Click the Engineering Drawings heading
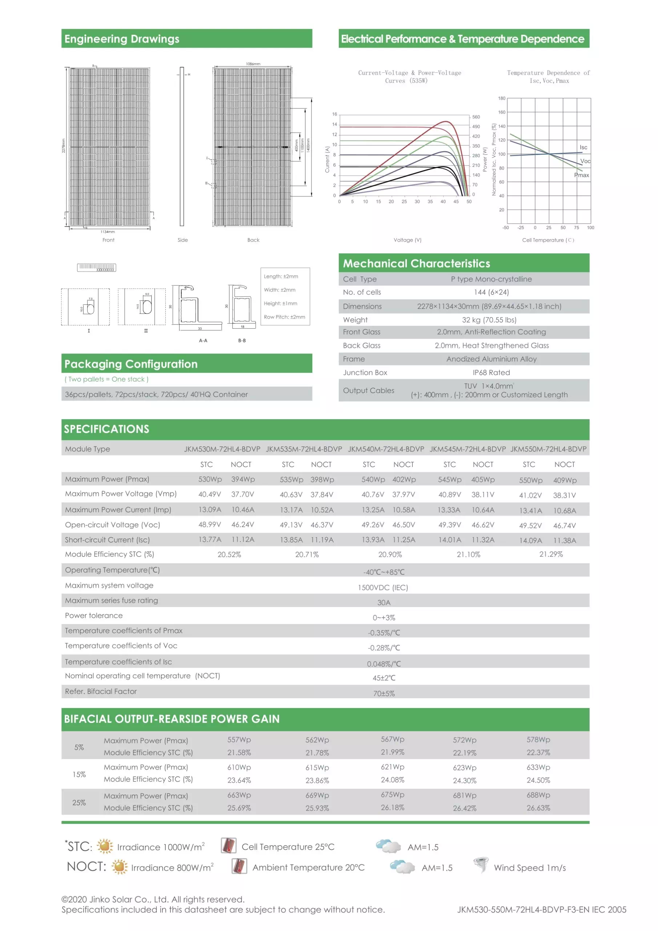pyautogui.click(x=122, y=39)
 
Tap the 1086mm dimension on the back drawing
pyautogui.click(x=253, y=64)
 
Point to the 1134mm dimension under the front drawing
pyautogui.click(x=108, y=232)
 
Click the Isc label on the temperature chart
pyautogui.click(x=583, y=147)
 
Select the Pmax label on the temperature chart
pyautogui.click(x=581, y=175)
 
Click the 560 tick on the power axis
pyautogui.click(x=476, y=117)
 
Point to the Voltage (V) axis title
pyautogui.click(x=408, y=240)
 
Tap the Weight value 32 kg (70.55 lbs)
pyautogui.click(x=489, y=320)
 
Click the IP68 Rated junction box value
pyautogui.click(x=491, y=373)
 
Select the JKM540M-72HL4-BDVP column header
pyautogui.click(x=386, y=449)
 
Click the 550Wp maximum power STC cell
pyautogui.click(x=530, y=480)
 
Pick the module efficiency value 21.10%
pyautogui.click(x=468, y=555)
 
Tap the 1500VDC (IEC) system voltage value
pyautogui.click(x=383, y=588)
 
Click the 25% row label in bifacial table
pyautogui.click(x=79, y=803)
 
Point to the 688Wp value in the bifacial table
pyautogui.click(x=538, y=795)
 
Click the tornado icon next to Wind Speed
pyautogui.click(x=481, y=865)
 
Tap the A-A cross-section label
pyautogui.click(x=203, y=341)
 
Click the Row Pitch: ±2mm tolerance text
pyautogui.click(x=284, y=317)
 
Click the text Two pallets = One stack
pyautogui.click(x=107, y=379)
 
